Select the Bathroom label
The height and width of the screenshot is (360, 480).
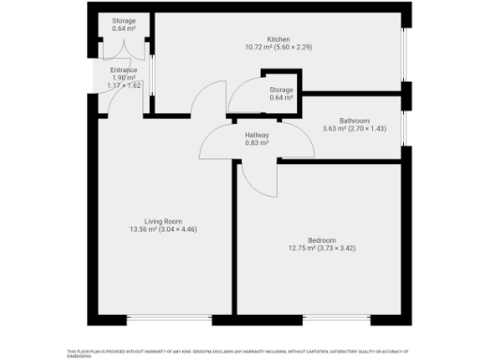pos(354,121)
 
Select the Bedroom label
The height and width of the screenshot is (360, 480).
pos(321,241)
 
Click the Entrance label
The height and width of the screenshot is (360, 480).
pos(124,69)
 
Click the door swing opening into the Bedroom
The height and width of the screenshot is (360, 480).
pos(258,178)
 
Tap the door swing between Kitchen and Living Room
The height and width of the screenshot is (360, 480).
pos(211,98)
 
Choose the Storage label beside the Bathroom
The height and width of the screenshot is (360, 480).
pos(281,90)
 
